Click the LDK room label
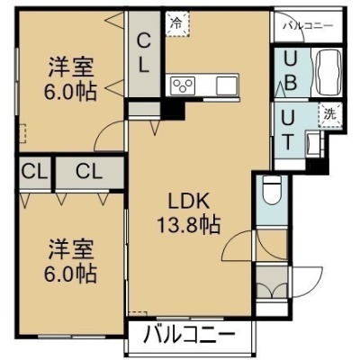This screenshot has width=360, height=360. tap(188, 201)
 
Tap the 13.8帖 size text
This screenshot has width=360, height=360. tap(189, 224)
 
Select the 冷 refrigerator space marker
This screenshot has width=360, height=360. tap(177, 23)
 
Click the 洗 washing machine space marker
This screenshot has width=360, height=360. tap(330, 115)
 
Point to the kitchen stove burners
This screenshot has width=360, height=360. tap(183, 85)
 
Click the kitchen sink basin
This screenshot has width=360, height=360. tap(227, 85)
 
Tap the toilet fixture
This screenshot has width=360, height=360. tap(272, 191)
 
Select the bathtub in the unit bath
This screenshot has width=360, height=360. tap(328, 71)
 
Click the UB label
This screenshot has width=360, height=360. tap(291, 71)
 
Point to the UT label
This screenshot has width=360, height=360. tap(287, 130)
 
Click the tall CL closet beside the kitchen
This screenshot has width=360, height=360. tap(144, 53)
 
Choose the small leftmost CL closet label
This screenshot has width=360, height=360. tap(34, 172)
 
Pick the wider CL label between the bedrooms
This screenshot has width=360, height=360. tap(89, 172)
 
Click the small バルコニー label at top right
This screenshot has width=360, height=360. tap(308, 26)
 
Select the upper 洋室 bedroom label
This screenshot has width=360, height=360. tap(71, 67)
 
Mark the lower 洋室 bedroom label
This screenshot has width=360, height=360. tap(71, 249)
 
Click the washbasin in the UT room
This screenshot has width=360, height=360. tap(312, 145)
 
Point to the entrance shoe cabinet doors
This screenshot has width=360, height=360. tap(272, 283)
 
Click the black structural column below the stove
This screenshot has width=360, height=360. tap(174, 110)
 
